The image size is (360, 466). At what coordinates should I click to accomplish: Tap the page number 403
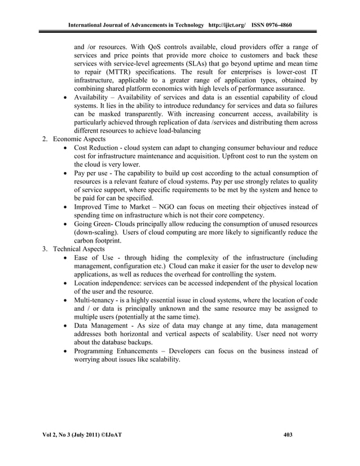(x=288, y=434)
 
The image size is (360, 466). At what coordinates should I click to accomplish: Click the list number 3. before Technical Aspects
(x=46, y=249)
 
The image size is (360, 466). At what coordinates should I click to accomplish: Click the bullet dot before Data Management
(x=67, y=327)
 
